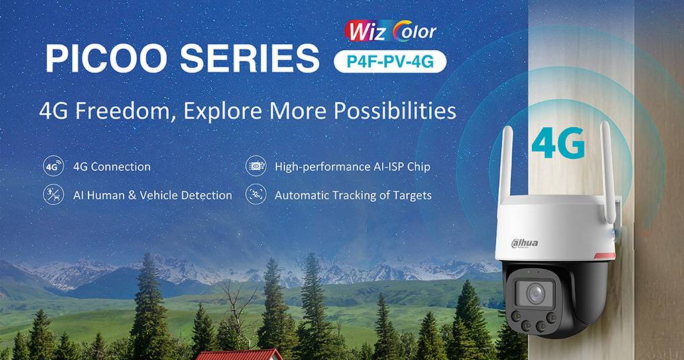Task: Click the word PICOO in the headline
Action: coord(107,59)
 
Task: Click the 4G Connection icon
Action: coord(53,166)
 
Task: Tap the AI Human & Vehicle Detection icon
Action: coord(53,195)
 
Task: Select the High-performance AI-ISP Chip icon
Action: coord(255,166)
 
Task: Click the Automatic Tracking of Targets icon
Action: coord(255,195)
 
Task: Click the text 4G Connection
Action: coord(111,166)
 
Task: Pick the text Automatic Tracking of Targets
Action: coord(353,196)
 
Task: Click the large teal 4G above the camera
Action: coord(557,141)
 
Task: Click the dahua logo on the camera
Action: coord(525,242)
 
